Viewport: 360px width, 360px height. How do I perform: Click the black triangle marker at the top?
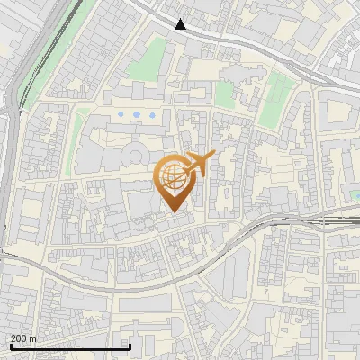click(x=181, y=24)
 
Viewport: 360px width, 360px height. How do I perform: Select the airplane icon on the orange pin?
click(x=199, y=164)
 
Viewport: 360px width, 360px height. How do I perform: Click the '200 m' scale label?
click(x=23, y=338)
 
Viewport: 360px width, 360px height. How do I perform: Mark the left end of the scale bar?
click(x=10, y=346)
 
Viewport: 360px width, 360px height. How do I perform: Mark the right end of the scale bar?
click(x=131, y=346)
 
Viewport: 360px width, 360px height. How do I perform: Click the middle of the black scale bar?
click(x=70, y=346)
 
